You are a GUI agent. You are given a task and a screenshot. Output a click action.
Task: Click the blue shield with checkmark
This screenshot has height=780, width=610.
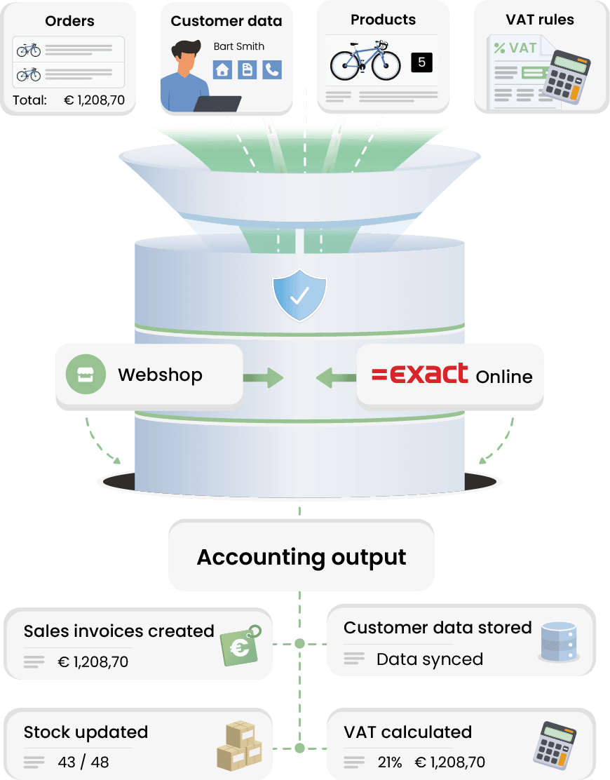click(299, 295)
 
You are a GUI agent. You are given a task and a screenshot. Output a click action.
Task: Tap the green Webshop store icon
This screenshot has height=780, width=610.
click(86, 374)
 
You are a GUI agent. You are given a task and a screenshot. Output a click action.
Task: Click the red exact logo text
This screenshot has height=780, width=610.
click(420, 374)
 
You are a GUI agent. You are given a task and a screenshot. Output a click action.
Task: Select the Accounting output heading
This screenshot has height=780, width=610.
click(301, 557)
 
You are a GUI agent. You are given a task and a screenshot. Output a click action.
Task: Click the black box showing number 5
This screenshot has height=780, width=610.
click(421, 62)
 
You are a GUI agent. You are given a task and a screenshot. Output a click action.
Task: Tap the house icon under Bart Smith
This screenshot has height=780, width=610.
click(222, 69)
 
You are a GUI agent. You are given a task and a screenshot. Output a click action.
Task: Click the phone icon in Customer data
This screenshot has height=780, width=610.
click(272, 69)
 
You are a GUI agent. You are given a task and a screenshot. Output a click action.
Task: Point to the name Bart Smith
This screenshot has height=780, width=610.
click(239, 46)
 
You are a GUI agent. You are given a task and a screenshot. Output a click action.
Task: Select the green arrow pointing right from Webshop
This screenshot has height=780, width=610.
click(264, 378)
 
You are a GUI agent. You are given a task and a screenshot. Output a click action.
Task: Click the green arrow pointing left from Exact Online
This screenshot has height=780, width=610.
click(336, 378)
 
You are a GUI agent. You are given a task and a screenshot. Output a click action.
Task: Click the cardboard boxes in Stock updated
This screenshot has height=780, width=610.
click(239, 746)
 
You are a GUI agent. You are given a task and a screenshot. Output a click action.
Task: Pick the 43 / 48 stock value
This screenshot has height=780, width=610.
click(83, 762)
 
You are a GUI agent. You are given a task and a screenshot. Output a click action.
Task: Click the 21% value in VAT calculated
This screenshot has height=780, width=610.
click(390, 762)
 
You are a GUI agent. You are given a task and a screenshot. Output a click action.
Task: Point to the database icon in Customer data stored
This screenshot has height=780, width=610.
click(559, 643)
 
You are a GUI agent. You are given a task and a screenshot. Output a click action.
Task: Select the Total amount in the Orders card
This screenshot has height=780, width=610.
click(95, 100)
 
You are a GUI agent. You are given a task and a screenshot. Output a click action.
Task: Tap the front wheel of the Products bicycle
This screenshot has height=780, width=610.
click(386, 65)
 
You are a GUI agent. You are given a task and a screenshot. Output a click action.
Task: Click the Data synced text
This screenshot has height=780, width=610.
click(430, 659)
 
